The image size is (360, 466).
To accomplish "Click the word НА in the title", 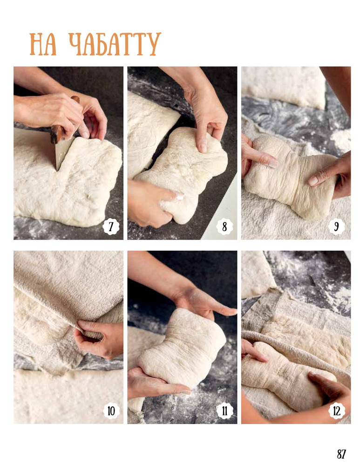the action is [x=43, y=45].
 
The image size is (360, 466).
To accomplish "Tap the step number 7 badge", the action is [x=111, y=227].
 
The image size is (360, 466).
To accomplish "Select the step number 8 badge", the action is [x=224, y=227].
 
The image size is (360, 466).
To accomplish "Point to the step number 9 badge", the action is [x=337, y=227].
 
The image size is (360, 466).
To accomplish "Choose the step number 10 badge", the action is [x=111, y=411].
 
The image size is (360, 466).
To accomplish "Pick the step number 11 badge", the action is [x=224, y=411].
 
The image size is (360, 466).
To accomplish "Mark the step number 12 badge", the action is [x=337, y=411].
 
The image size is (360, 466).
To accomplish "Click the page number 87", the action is [x=341, y=454].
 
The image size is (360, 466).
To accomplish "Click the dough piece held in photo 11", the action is [x=183, y=348].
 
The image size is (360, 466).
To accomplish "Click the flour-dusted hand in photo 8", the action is [x=155, y=202].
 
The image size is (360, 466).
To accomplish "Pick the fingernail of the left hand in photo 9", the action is [x=272, y=163].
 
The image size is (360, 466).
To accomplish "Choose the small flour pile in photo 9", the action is [x=341, y=140].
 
